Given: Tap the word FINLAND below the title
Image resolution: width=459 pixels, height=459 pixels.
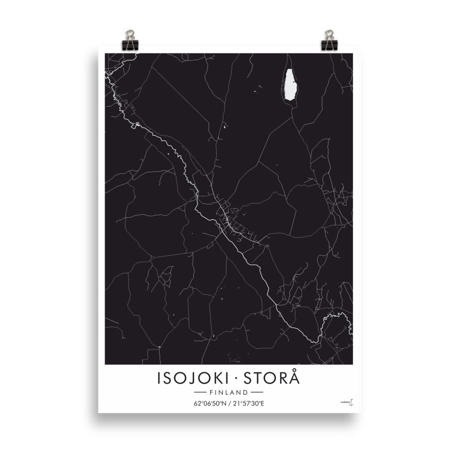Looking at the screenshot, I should click(x=228, y=393).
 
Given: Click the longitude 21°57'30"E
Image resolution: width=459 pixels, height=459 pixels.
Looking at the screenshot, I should click(x=248, y=404).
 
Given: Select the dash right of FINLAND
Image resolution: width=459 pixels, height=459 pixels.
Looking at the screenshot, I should click(x=257, y=393).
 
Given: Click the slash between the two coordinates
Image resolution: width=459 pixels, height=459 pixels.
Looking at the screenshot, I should click(x=229, y=404).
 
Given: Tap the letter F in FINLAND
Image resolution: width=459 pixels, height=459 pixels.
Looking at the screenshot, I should click(x=211, y=393).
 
